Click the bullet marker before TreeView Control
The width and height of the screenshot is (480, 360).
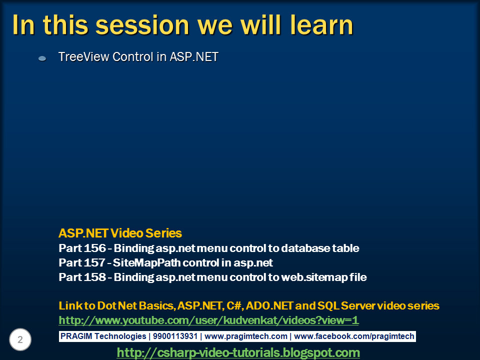point(42,58)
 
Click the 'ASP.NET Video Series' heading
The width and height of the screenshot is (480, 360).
point(120,233)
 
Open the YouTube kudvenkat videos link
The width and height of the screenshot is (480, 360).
point(208,320)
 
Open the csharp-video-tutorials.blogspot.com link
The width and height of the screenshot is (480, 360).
point(238,352)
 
